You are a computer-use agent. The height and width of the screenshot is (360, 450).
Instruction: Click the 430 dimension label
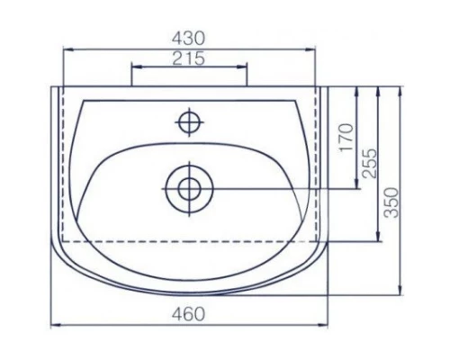(189, 39)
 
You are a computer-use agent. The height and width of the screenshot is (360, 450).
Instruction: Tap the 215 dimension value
(189, 58)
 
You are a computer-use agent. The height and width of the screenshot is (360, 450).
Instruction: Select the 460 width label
(188, 314)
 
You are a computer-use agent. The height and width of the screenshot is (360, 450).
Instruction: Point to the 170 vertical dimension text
(347, 138)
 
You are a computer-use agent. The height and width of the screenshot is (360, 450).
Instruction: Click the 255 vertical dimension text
(369, 163)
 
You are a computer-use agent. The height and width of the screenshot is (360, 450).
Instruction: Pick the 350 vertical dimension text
(392, 202)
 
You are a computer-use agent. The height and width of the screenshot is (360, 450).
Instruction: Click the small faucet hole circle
(189, 122)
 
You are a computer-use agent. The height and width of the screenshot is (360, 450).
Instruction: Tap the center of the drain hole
(189, 189)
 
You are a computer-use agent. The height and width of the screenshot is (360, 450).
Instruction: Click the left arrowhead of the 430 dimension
(67, 49)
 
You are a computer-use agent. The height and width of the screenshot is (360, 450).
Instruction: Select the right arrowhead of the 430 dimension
(310, 49)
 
